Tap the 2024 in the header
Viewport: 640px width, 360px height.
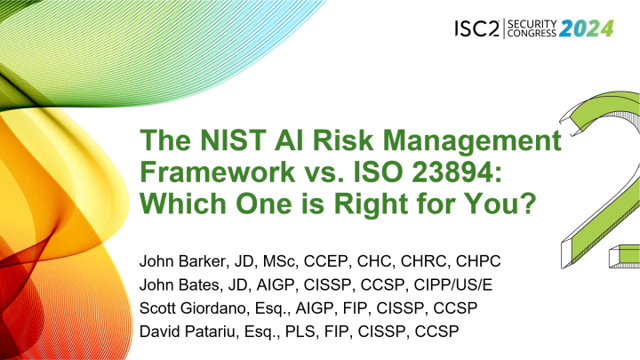tap(585, 28)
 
